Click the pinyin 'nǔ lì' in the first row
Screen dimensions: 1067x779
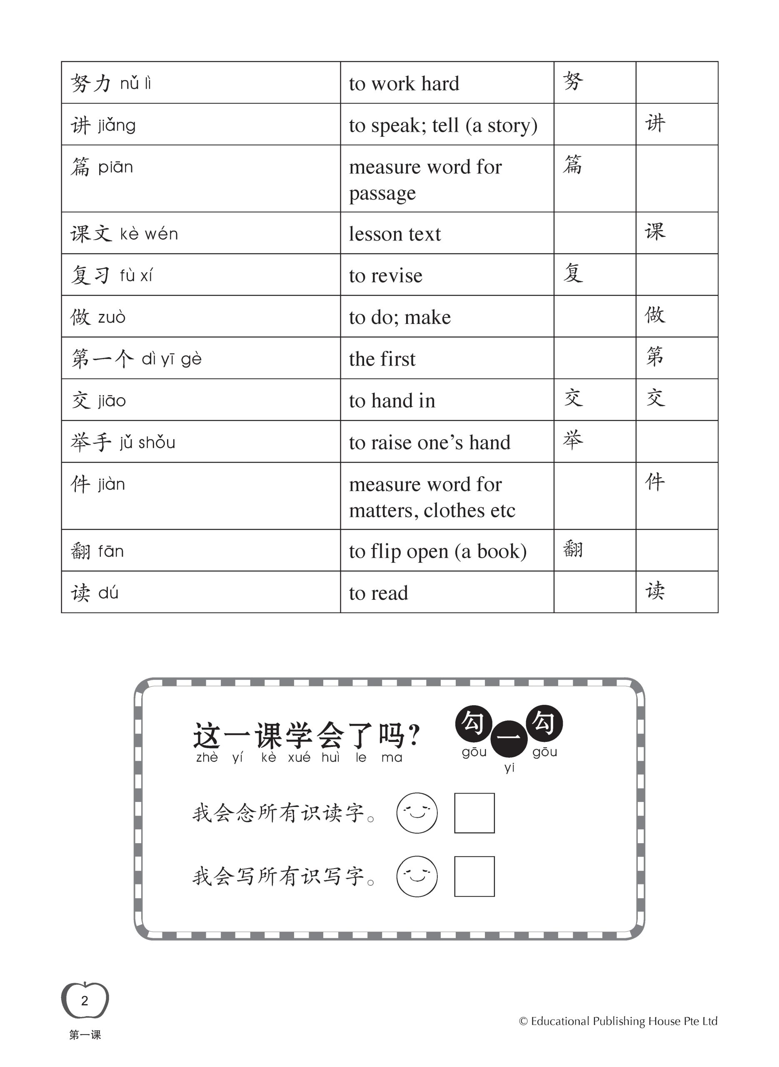tap(135, 84)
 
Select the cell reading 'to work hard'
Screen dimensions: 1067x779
tap(404, 84)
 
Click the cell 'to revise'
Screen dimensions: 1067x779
tap(385, 276)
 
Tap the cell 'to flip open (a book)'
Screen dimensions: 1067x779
tap(437, 551)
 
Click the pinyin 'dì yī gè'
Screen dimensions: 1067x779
tap(172, 359)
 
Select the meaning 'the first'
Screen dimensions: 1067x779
tap(382, 359)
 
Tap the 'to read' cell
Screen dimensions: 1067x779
tap(378, 594)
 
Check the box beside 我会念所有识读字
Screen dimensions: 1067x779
tap(474, 813)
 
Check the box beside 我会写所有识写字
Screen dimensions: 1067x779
tap(474, 876)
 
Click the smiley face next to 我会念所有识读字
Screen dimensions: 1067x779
tap(417, 812)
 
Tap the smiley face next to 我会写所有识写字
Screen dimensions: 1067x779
tap(417, 876)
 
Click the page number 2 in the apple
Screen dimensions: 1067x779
tap(85, 1000)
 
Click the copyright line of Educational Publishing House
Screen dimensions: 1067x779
tap(618, 1021)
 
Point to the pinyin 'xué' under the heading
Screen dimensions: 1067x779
tap(299, 758)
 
